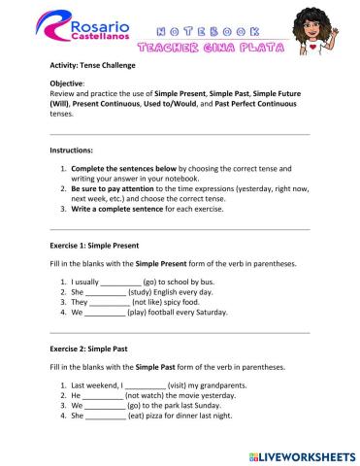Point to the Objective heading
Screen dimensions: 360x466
click(68, 84)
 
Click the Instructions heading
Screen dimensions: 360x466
click(72, 152)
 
